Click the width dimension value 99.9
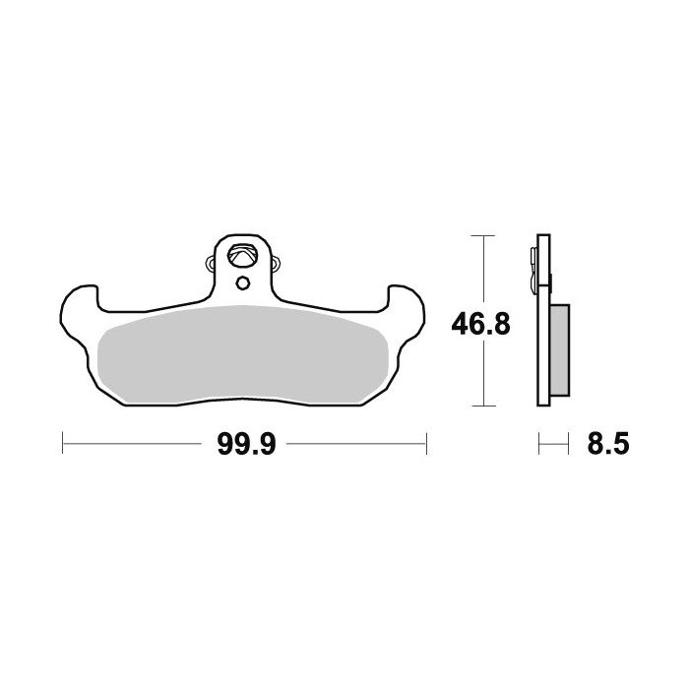(x=246, y=444)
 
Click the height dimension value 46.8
(x=480, y=324)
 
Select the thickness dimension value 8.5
(x=608, y=444)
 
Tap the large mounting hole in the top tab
(x=240, y=255)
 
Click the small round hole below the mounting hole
(x=242, y=282)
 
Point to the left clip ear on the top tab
(x=211, y=264)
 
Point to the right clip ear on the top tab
(x=275, y=264)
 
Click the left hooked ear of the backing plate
(x=79, y=307)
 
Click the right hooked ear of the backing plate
(x=407, y=307)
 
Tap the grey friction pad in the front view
(x=242, y=353)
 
